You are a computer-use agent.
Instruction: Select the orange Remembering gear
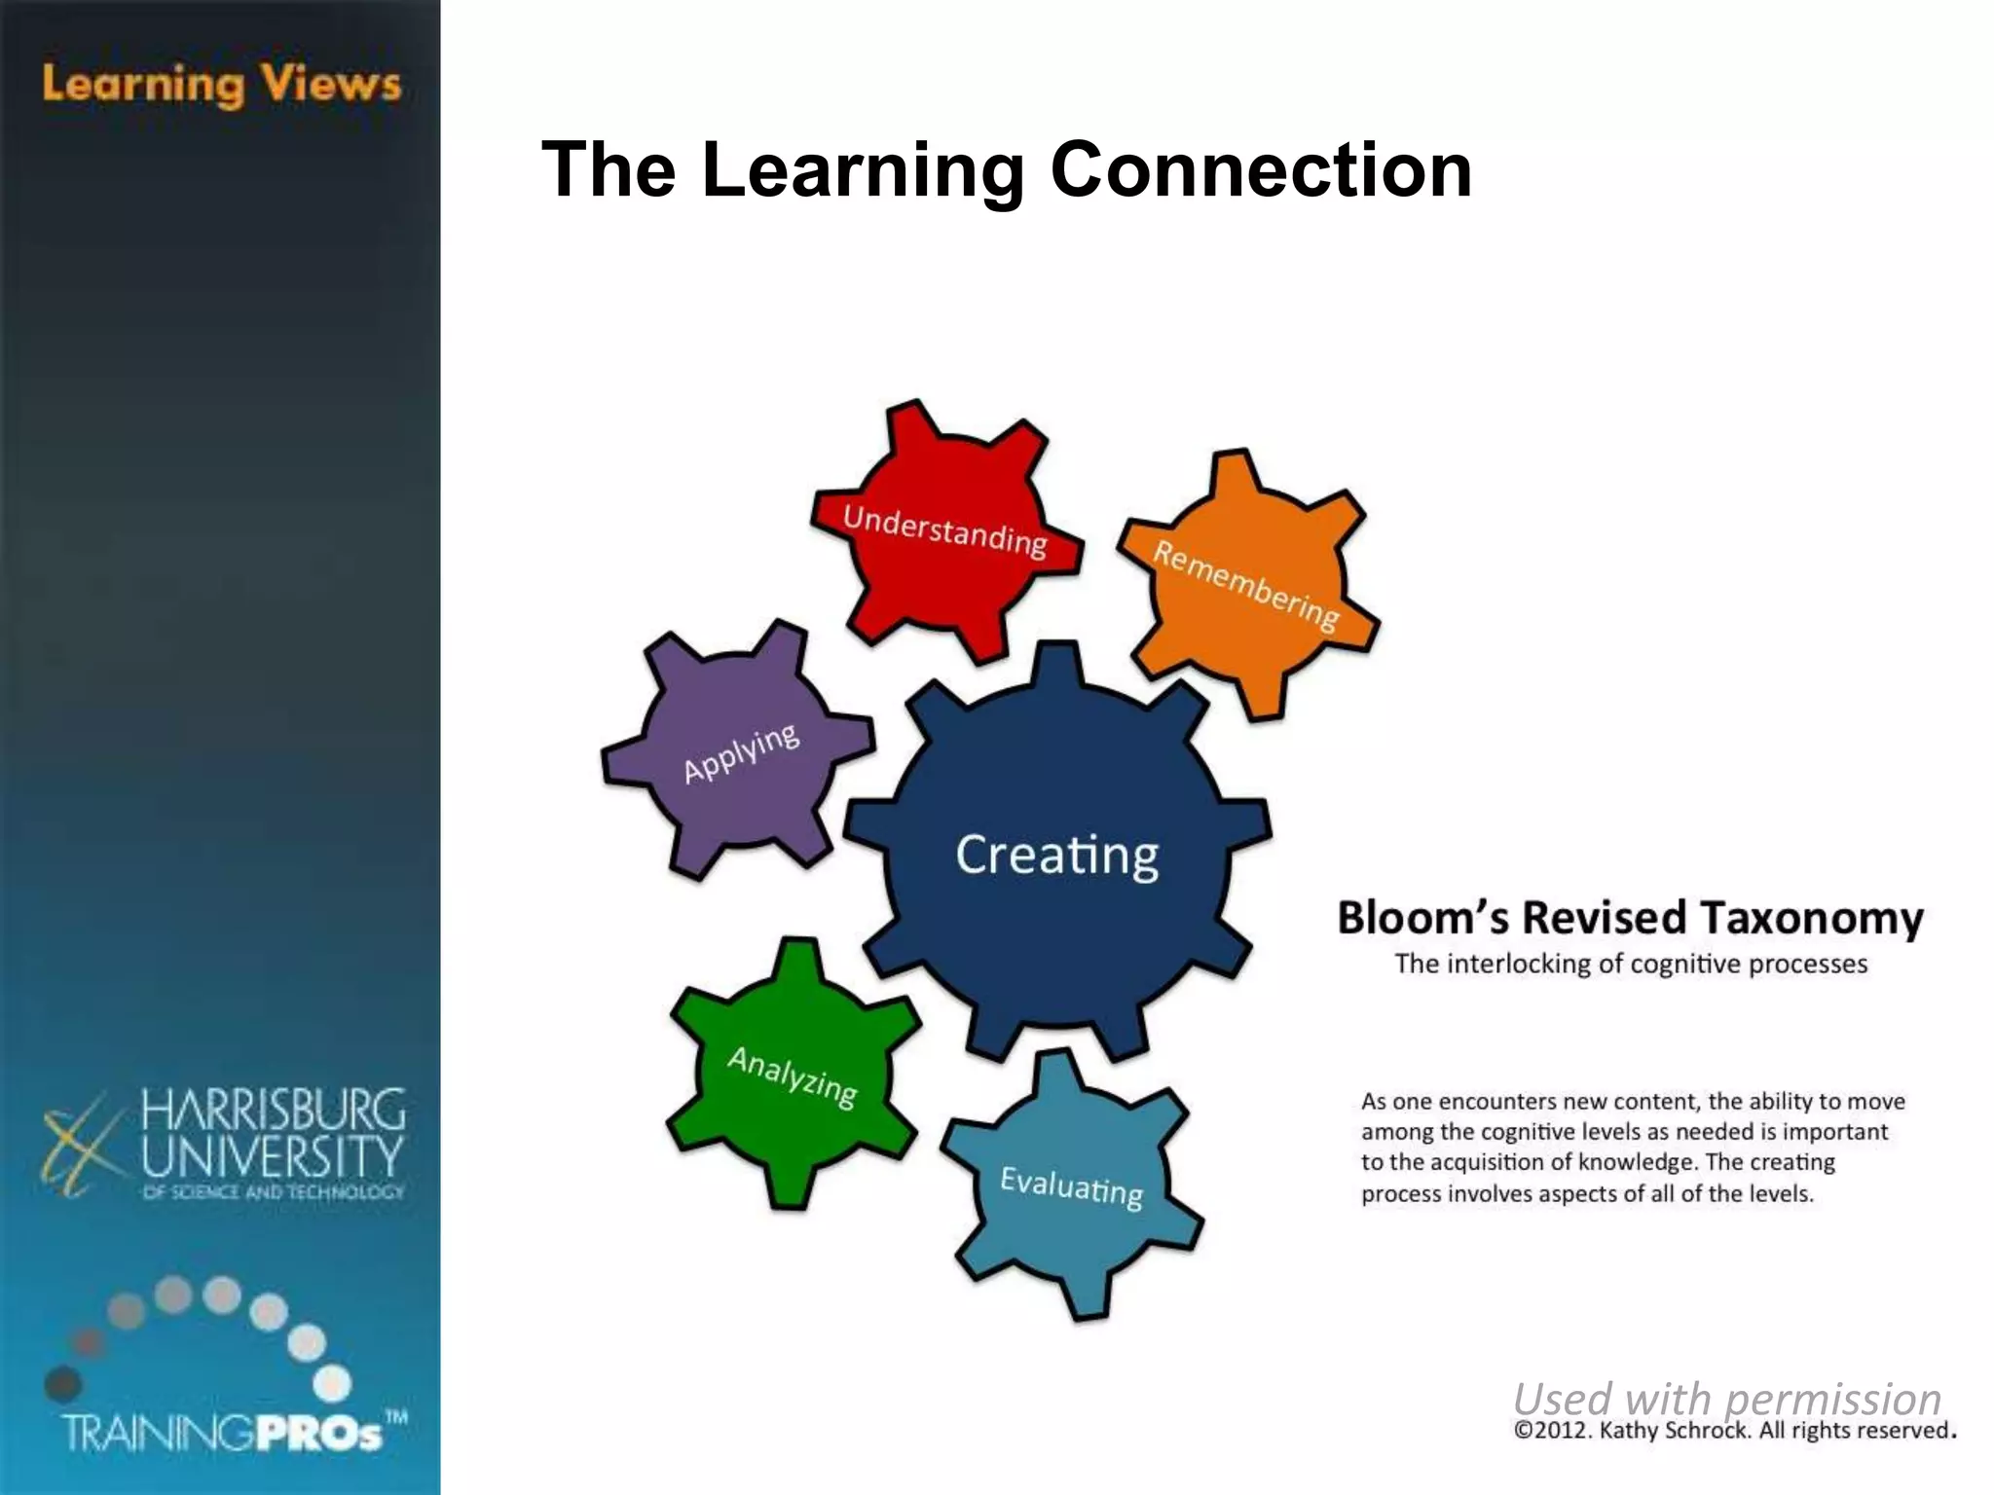pos(1246,584)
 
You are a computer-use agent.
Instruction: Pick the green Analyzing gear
pos(793,1076)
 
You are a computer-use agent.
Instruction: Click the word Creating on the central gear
pos(1057,855)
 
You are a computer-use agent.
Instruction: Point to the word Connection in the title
pos(1261,169)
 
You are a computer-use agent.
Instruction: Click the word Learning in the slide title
pos(863,171)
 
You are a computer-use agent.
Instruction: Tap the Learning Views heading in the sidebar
pos(222,84)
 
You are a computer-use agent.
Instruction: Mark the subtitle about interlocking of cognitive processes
pos(1631,964)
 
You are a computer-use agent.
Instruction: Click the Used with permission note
pos(1727,1398)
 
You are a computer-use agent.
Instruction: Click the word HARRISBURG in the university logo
pos(274,1110)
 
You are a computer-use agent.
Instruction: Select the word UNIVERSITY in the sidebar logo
pos(273,1155)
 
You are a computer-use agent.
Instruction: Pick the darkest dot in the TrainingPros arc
pos(63,1382)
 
